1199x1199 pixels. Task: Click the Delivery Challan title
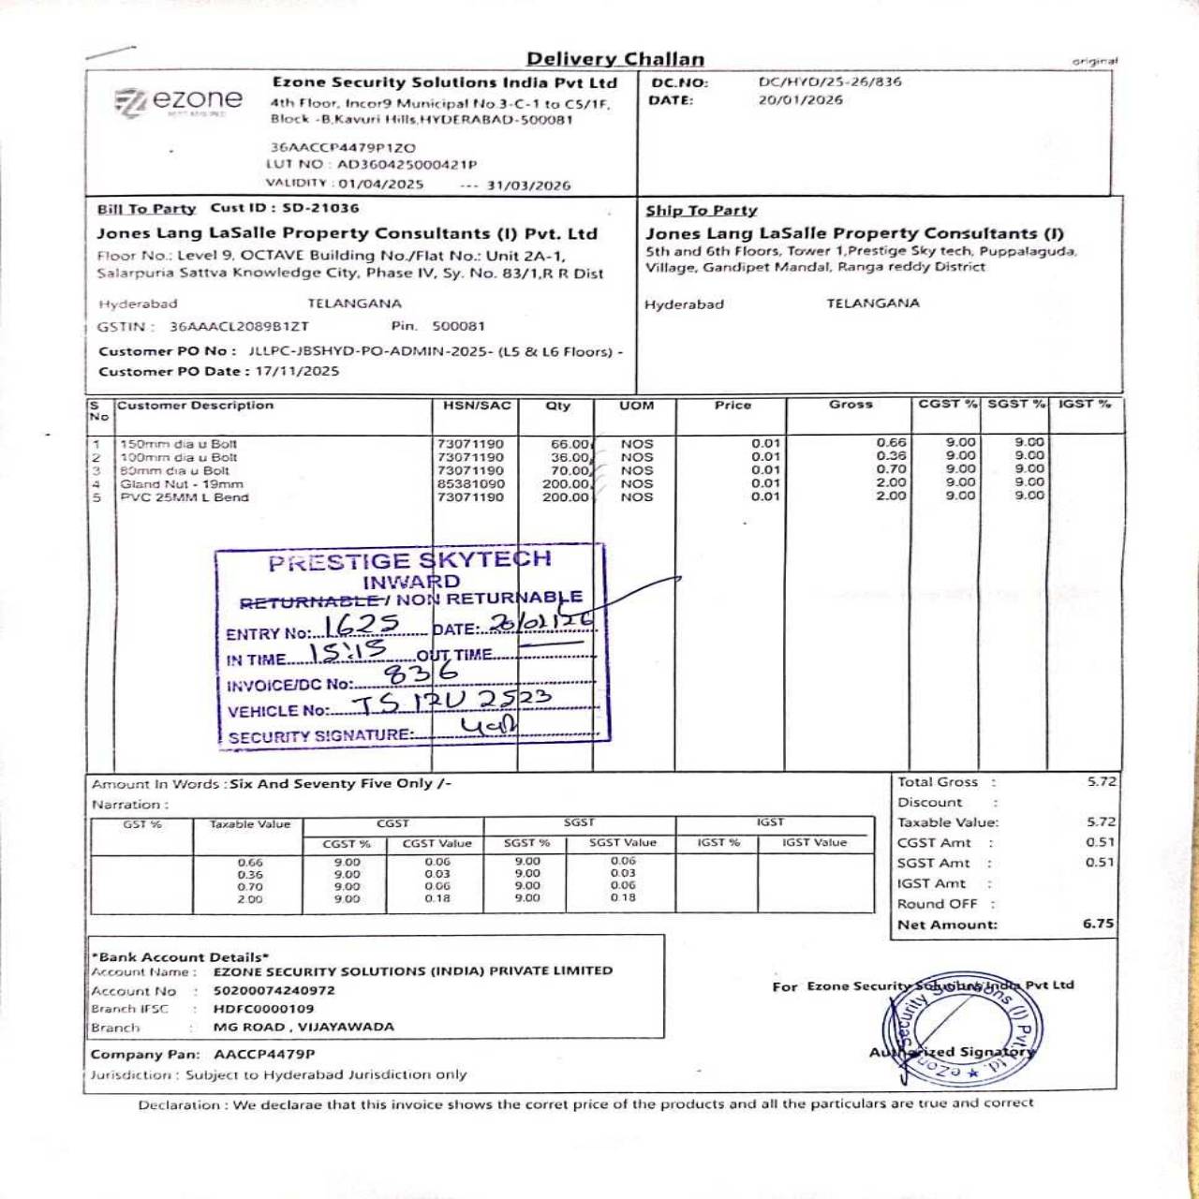[614, 59]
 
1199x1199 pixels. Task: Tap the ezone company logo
[178, 101]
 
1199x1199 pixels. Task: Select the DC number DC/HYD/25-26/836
[830, 81]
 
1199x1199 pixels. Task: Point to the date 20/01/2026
[800, 100]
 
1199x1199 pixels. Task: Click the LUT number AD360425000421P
[407, 164]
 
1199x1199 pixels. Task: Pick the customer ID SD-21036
[320, 208]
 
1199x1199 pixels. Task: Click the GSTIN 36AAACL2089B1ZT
[239, 326]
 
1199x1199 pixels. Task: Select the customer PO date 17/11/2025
[297, 371]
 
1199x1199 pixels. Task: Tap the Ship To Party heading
[701, 211]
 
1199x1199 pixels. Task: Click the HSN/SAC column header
[477, 406]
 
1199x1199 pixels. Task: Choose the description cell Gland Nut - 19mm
[182, 484]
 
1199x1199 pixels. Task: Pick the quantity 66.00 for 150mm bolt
[570, 444]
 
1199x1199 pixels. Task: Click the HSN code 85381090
[470, 484]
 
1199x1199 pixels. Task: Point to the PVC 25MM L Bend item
[185, 497]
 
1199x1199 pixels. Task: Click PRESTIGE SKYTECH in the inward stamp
[409, 561]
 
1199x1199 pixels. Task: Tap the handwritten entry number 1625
[362, 625]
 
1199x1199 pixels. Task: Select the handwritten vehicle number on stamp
[451, 702]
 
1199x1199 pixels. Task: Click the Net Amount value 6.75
[1098, 924]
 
